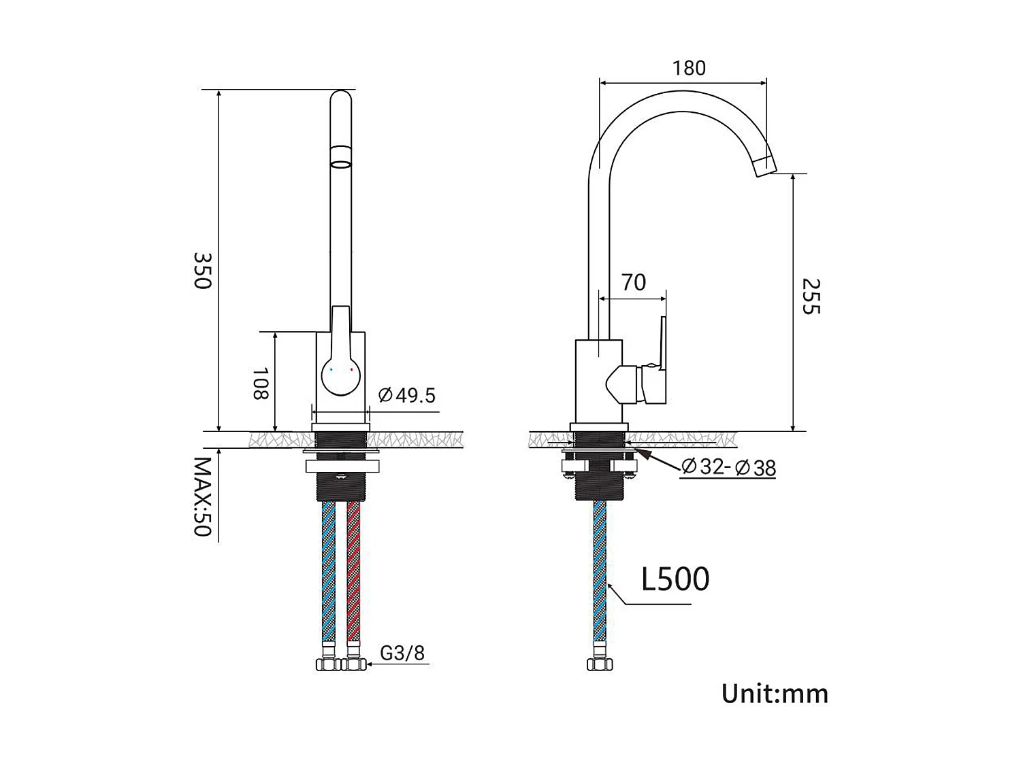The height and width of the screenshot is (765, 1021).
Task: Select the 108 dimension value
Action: [261, 384]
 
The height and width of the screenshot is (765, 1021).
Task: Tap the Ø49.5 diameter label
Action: [407, 395]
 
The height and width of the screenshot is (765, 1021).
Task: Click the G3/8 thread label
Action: [402, 653]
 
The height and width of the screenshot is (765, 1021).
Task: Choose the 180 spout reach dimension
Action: [689, 68]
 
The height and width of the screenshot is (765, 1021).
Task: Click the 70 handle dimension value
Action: [633, 282]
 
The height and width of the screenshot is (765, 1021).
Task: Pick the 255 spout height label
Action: [811, 296]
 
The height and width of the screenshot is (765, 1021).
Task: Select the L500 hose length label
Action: [675, 579]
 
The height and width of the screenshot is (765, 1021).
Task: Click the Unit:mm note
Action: [775, 694]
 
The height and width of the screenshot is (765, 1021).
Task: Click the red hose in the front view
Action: [353, 571]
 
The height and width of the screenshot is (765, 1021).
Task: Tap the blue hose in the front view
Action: [329, 571]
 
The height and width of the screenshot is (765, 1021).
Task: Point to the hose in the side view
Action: [600, 571]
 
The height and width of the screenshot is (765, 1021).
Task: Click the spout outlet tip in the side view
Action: [765, 165]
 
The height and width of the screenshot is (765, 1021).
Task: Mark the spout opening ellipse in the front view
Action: [340, 163]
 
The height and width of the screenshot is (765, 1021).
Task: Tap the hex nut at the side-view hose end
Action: [600, 664]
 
